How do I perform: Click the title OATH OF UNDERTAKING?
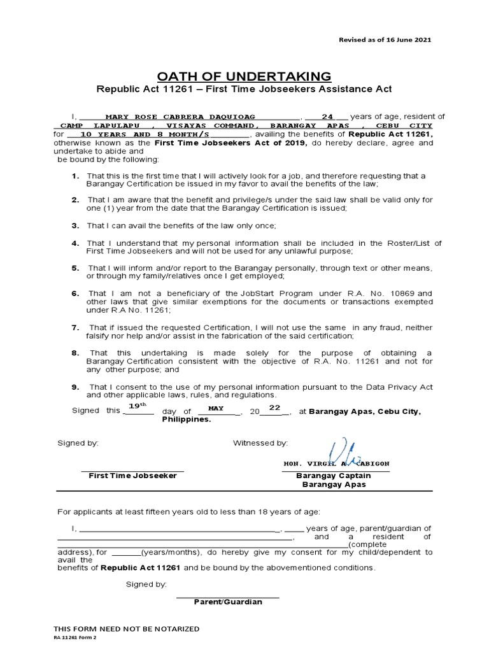pos(244,76)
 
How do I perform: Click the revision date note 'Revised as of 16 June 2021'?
pos(384,39)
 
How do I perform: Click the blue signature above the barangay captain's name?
pos(337,451)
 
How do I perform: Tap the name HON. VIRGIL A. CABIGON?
pos(335,463)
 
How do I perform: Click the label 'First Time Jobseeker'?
pos(132,476)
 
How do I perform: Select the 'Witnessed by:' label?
pos(260,443)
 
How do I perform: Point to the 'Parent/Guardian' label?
pos(228,602)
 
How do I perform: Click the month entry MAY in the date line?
pos(216,408)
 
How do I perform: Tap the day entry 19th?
pos(138,406)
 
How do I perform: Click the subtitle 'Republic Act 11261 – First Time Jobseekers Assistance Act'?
pos(244,89)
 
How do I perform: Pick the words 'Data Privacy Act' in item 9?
pos(402,387)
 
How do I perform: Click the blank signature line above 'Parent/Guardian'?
pos(227,597)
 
